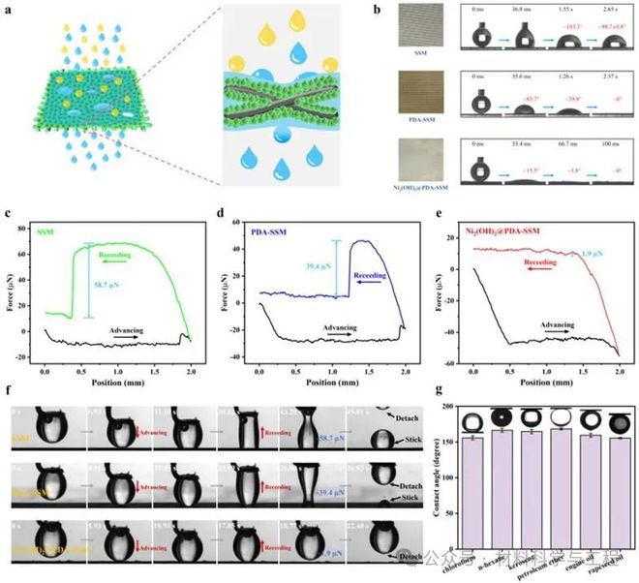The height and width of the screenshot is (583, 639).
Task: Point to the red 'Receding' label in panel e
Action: (537, 262)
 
